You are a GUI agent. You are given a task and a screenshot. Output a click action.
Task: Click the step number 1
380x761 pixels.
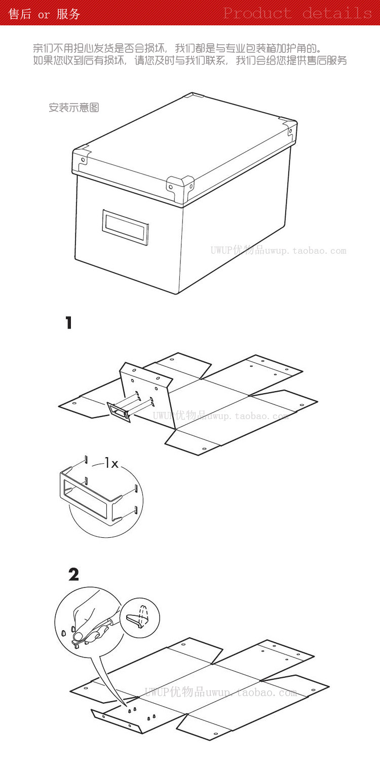click(69, 323)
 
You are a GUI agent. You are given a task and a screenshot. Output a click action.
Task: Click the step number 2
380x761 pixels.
click(73, 574)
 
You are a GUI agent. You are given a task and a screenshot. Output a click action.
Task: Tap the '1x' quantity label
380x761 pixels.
click(111, 463)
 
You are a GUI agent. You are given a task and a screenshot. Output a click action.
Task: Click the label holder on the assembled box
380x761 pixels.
click(125, 228)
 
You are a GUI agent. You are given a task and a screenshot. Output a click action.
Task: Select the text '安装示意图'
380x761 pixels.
click(73, 108)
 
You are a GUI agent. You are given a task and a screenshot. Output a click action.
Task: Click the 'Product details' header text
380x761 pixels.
click(297, 13)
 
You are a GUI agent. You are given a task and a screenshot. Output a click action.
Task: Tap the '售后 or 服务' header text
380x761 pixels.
click(45, 14)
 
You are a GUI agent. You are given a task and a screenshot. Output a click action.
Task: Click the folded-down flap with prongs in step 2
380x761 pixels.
click(132, 718)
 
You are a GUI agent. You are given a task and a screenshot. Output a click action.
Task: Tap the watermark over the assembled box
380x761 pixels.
click(278, 250)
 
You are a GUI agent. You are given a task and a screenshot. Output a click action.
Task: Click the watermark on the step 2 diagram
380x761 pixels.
click(221, 691)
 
